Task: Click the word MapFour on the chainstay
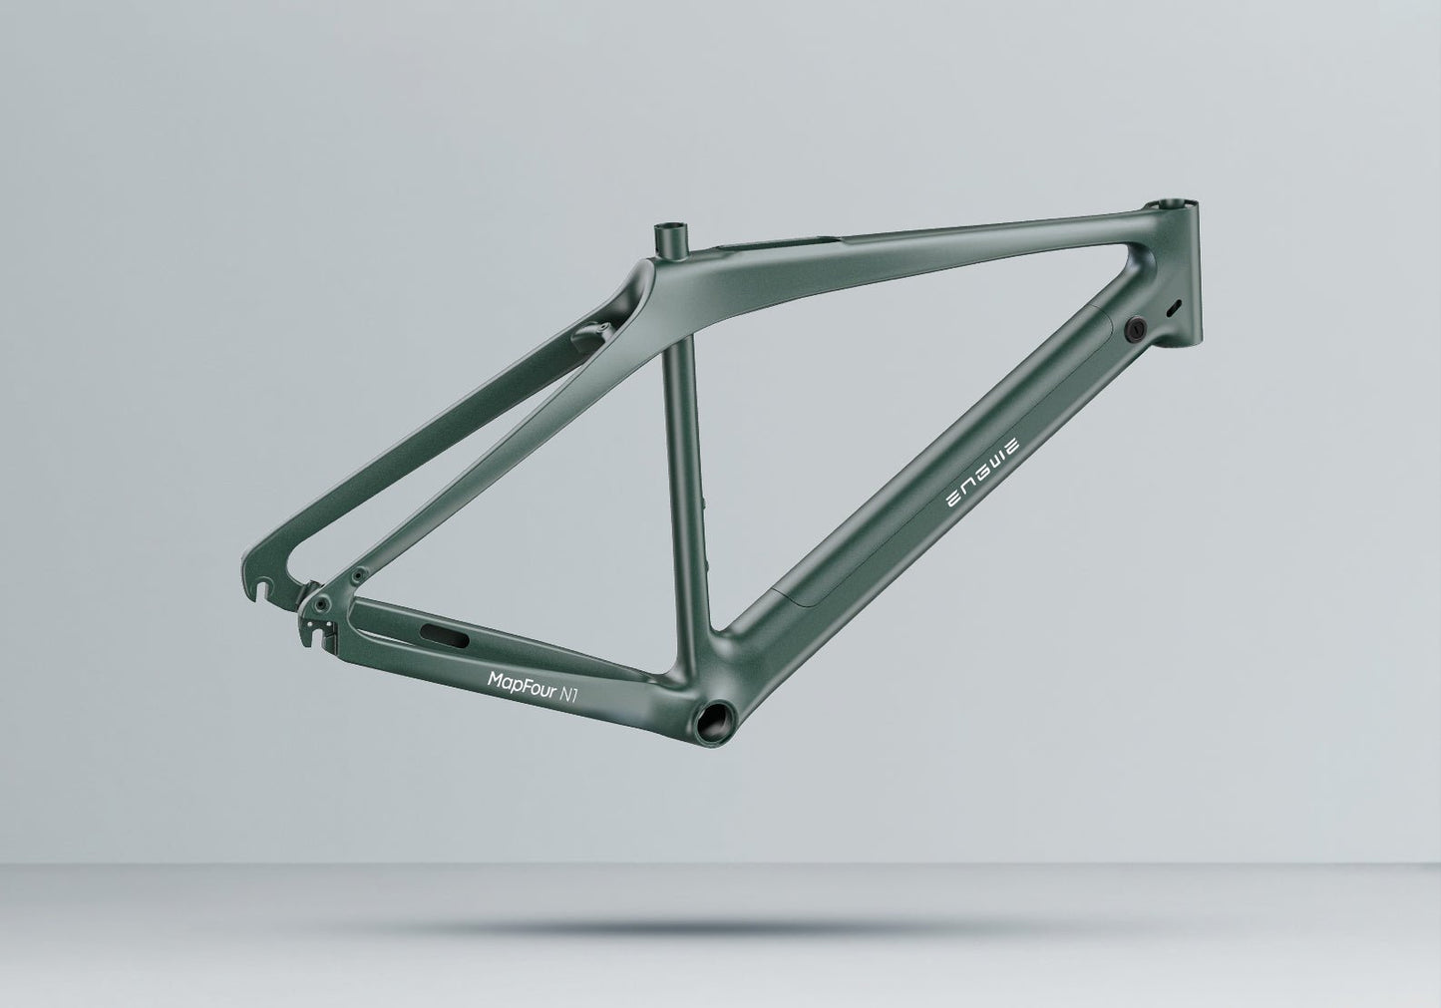click(x=521, y=679)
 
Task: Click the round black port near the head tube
click(x=1136, y=328)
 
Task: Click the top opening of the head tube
click(x=1181, y=205)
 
